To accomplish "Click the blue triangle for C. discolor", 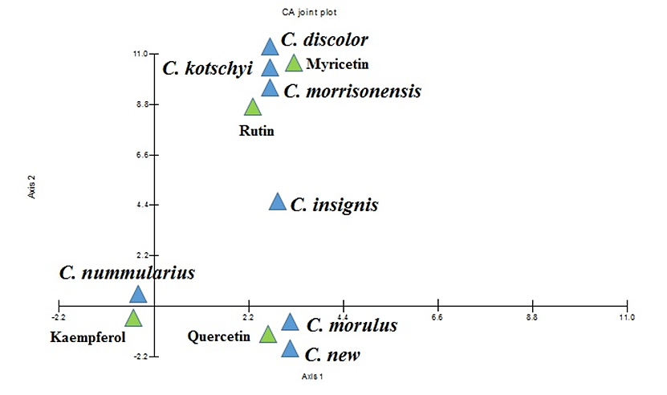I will pyautogui.click(x=270, y=47).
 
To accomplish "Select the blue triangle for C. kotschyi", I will pyautogui.click(x=270, y=68).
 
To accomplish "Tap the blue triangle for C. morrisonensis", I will pyautogui.click(x=270, y=88).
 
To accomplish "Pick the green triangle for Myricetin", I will pyautogui.click(x=294, y=63).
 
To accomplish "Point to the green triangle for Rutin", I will pyautogui.click(x=253, y=108).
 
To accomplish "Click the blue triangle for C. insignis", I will pyautogui.click(x=277, y=202).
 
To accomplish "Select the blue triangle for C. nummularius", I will pyautogui.click(x=138, y=295).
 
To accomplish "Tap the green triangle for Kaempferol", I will pyautogui.click(x=133, y=318).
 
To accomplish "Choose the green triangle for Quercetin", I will pyautogui.click(x=268, y=334).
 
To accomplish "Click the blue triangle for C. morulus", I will pyautogui.click(x=290, y=323).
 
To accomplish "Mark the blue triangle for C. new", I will pyautogui.click(x=290, y=349).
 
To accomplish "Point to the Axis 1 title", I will pyautogui.click(x=312, y=376).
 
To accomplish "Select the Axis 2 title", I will pyautogui.click(x=31, y=186).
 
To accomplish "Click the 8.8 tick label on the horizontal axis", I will pyautogui.click(x=532, y=317).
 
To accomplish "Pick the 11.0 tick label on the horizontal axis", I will pyautogui.click(x=626, y=317).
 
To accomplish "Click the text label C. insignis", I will pyautogui.click(x=334, y=206).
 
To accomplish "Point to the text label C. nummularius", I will pyautogui.click(x=128, y=273).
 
